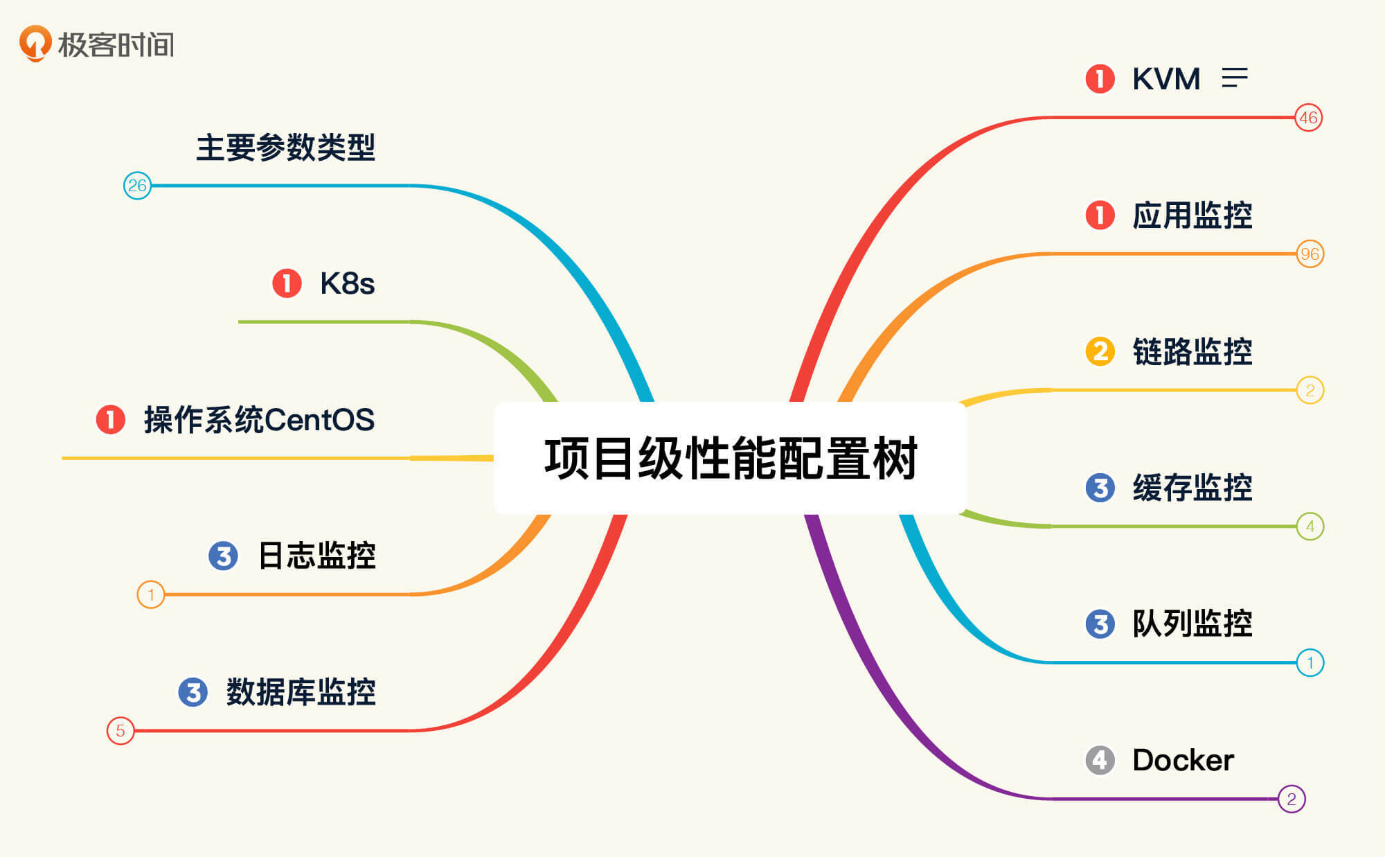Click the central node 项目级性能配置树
point(731,458)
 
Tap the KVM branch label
point(1166,79)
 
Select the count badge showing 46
point(1308,118)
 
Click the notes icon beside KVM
point(1234,78)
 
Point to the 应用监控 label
point(1192,215)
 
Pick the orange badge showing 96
point(1310,254)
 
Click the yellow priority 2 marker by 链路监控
point(1100,351)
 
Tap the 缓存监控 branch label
point(1192,488)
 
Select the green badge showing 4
point(1310,527)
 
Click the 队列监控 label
point(1192,624)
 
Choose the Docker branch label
point(1183,760)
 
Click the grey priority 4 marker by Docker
point(1100,760)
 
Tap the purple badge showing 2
point(1291,799)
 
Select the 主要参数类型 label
point(285,148)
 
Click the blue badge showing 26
point(137,186)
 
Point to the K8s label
point(347,283)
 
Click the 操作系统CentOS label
point(259,420)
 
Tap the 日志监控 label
point(316,556)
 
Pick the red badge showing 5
point(120,730)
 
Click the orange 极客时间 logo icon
point(35,43)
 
